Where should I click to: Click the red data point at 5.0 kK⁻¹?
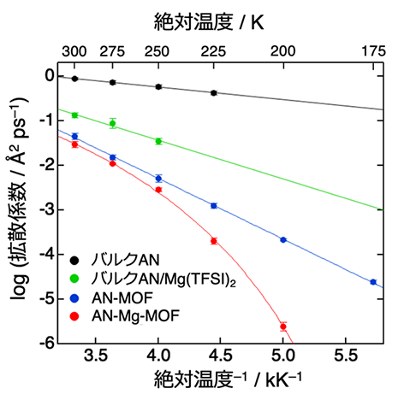coord(283,326)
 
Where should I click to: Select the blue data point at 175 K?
coord(373,282)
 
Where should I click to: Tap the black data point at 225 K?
coord(214,93)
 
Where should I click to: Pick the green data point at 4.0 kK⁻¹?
coord(158,141)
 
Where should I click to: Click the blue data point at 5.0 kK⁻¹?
coord(283,240)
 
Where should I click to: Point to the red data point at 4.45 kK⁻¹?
coord(214,241)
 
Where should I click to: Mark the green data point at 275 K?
coord(113,123)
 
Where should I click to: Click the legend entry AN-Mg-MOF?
coord(135,316)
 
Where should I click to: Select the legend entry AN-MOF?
coord(122,298)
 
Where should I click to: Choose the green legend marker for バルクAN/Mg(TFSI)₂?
coord(74,279)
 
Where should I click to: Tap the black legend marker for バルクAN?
coord(74,260)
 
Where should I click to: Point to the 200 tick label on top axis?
coord(282,51)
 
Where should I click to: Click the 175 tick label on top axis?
coord(373,51)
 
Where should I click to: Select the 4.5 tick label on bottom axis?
coord(220,356)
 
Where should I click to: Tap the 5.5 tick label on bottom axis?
coord(346,356)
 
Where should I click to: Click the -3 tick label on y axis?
coord(47,210)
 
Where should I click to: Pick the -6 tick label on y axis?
coord(47,344)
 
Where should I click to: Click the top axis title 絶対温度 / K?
coord(209,22)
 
